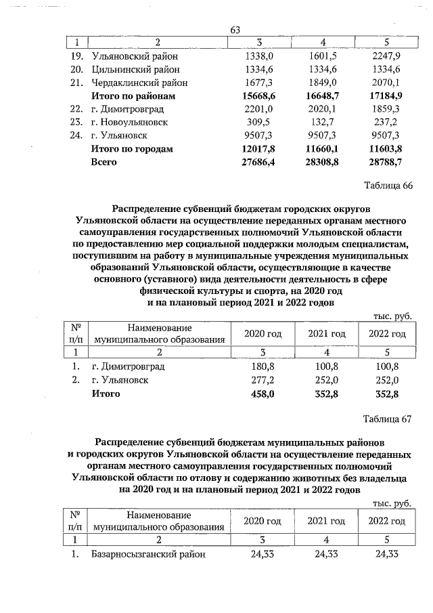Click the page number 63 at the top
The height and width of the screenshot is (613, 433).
236,30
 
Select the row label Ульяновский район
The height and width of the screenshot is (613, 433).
132,56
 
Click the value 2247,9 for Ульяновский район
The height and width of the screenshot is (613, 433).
387,56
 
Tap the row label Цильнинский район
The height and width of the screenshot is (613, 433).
135,70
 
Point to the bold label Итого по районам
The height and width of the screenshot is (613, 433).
133,96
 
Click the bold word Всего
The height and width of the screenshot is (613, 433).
104,162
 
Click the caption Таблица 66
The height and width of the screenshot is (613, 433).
388,186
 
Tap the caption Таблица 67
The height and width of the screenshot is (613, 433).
388,419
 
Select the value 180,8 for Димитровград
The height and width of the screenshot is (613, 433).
262,366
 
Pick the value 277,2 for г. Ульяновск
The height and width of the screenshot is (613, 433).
262,380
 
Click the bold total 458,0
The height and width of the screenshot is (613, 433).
262,393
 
